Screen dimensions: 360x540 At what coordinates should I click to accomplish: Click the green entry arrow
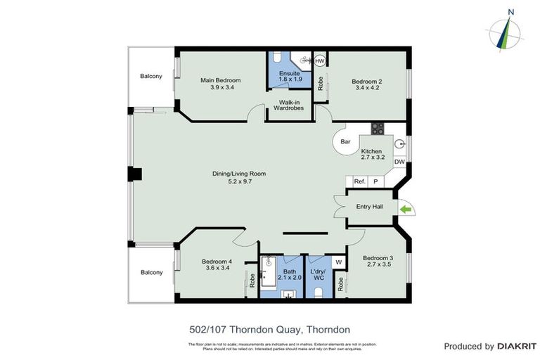point(406,209)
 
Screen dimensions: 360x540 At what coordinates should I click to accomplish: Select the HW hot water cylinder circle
point(320,61)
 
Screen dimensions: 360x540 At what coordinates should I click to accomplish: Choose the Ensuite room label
point(290,76)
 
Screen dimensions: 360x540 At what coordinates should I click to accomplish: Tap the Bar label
point(345,142)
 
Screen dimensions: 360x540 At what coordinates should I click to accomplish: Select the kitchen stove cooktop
point(378,128)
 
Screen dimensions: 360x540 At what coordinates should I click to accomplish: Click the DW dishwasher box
point(399,162)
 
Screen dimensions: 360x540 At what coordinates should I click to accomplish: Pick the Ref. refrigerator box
point(359,181)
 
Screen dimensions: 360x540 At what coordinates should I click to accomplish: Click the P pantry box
point(375,181)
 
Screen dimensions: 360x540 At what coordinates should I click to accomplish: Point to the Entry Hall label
point(369,206)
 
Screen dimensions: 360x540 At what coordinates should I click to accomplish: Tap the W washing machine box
point(338,263)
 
